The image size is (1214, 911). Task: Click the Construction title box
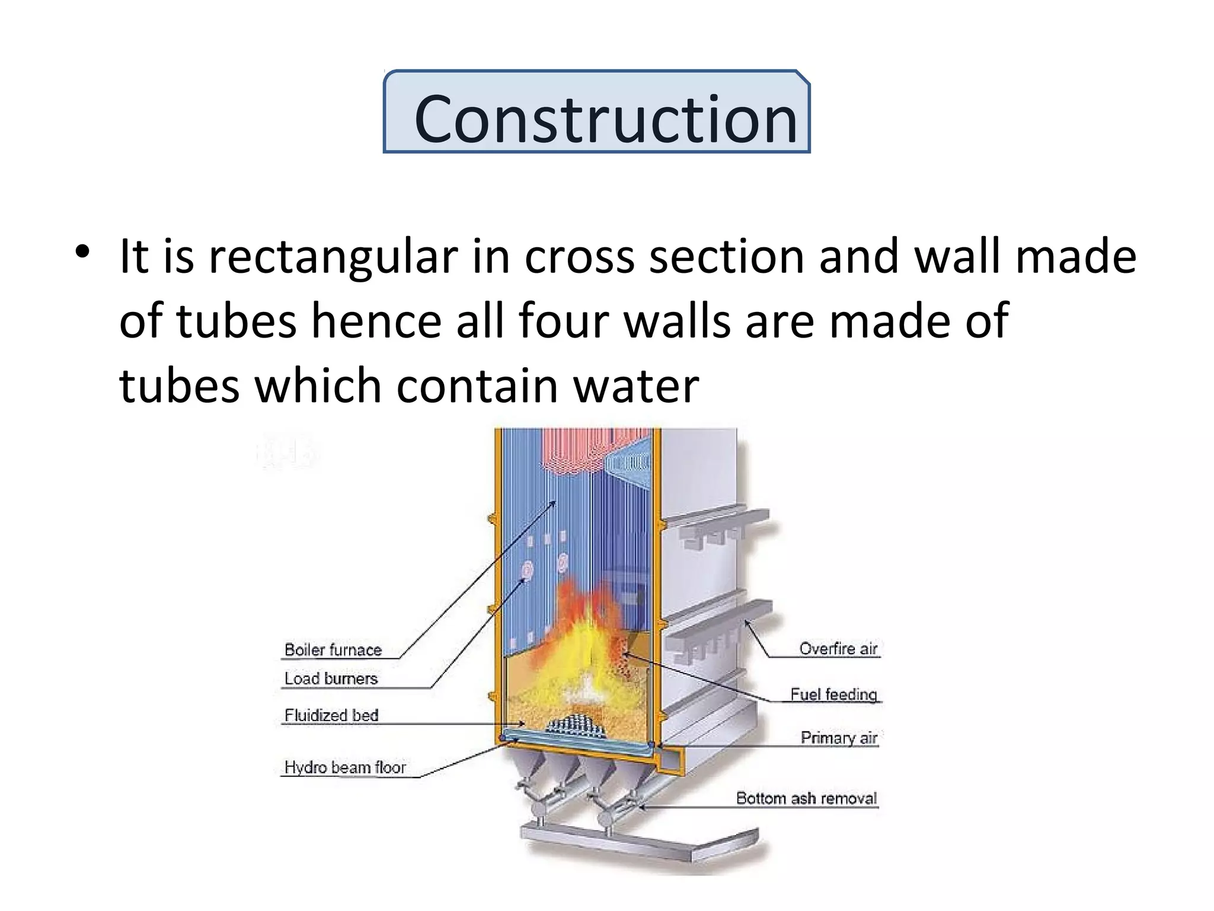click(x=596, y=112)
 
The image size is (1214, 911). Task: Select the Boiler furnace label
click(x=333, y=649)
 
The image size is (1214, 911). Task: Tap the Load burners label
click(x=331, y=678)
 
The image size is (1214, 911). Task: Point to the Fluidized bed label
click(x=331, y=715)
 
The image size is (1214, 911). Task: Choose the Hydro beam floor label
click(x=345, y=767)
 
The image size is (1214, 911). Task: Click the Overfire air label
click(x=838, y=648)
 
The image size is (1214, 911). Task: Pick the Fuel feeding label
click(x=833, y=694)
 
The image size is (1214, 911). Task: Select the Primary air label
click(x=839, y=737)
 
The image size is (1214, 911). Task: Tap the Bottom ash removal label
click(x=806, y=798)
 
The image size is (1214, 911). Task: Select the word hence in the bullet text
click(x=376, y=321)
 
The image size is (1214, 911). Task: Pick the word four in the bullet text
click(x=563, y=321)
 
